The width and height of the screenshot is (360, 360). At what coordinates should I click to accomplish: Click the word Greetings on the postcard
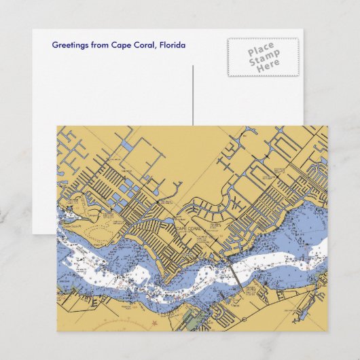click(x=70, y=46)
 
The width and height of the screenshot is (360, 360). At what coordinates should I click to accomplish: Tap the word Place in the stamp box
click(x=262, y=50)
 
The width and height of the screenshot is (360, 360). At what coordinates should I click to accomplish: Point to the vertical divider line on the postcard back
click(x=194, y=95)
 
